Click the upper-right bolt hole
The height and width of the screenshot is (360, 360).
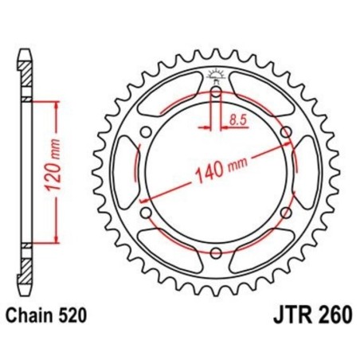287,131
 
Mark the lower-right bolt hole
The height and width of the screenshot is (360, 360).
287,213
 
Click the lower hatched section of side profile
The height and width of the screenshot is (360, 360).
27,267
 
